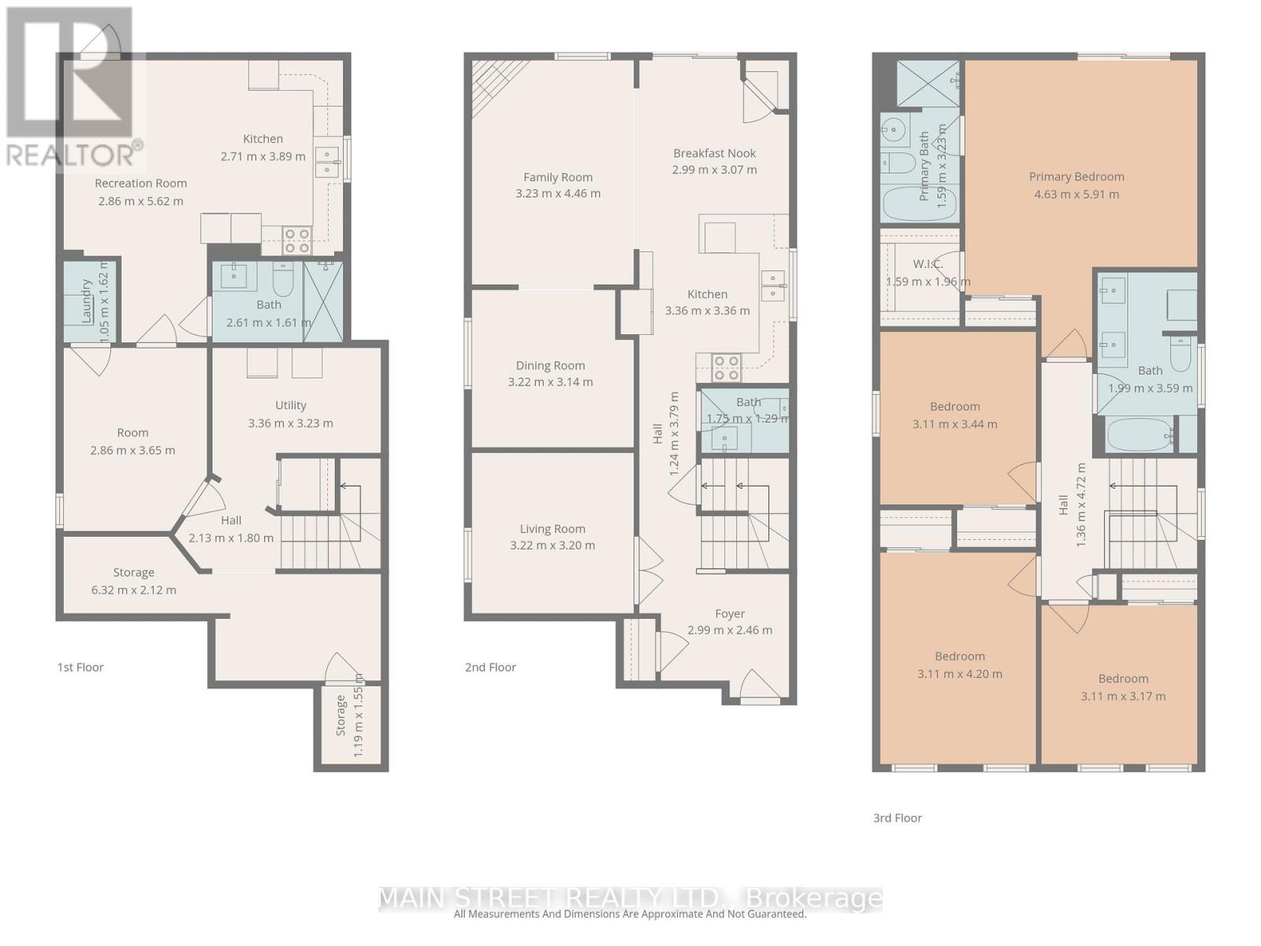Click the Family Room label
[557, 177]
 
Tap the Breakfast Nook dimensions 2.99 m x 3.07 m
[714, 170]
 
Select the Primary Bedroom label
[1076, 177]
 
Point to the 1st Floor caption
[80, 668]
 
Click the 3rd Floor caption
[898, 818]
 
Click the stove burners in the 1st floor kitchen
[297, 241]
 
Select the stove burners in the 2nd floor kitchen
[726, 367]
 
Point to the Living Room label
[552, 529]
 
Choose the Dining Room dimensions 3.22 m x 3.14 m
[550, 382]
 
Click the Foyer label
[730, 614]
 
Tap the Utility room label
[290, 405]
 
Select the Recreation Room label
[141, 183]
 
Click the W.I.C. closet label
[928, 264]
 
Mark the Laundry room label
[87, 302]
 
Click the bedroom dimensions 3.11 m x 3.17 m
[1123, 697]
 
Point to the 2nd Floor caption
[490, 668]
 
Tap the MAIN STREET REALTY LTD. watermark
[630, 899]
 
